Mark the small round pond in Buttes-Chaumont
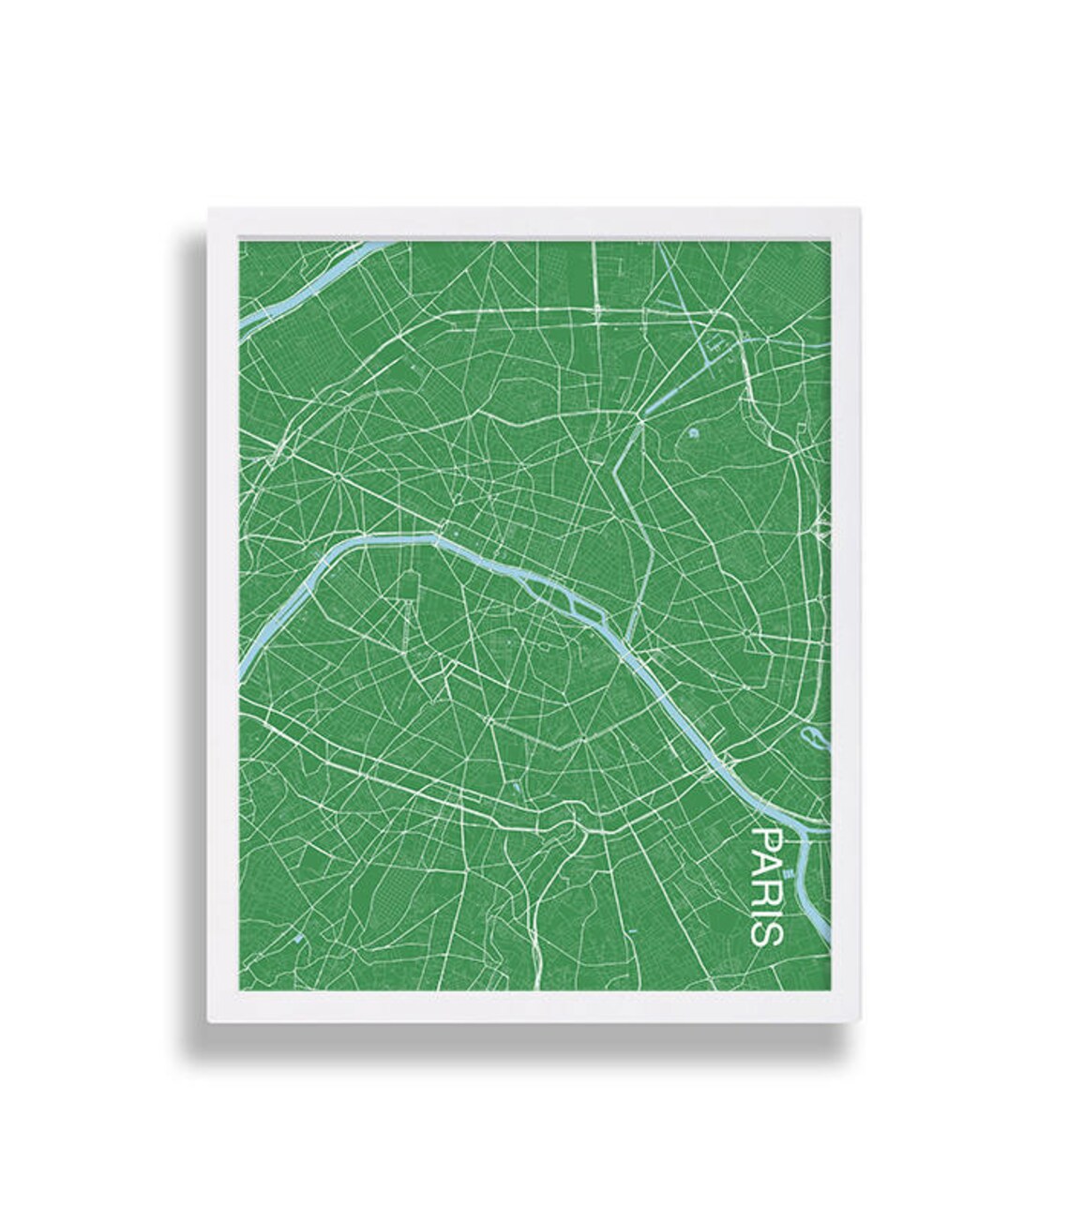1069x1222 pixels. [692, 433]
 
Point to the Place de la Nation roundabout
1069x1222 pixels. [746, 633]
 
